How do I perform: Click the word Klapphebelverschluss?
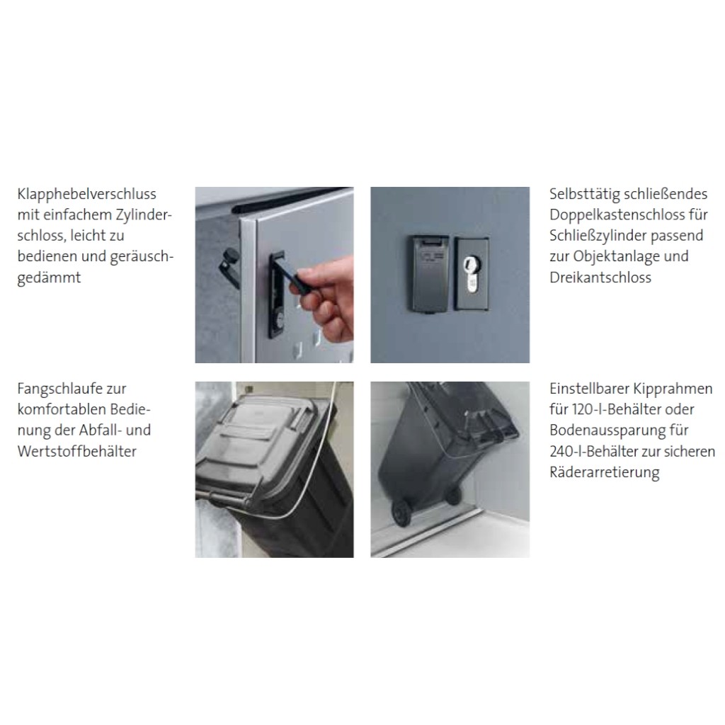point(87,194)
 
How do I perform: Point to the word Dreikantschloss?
point(600,278)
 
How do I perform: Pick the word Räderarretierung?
point(605,472)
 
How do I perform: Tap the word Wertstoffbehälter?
point(76,451)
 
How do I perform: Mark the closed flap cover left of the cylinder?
point(430,274)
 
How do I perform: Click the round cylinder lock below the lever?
point(280,320)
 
